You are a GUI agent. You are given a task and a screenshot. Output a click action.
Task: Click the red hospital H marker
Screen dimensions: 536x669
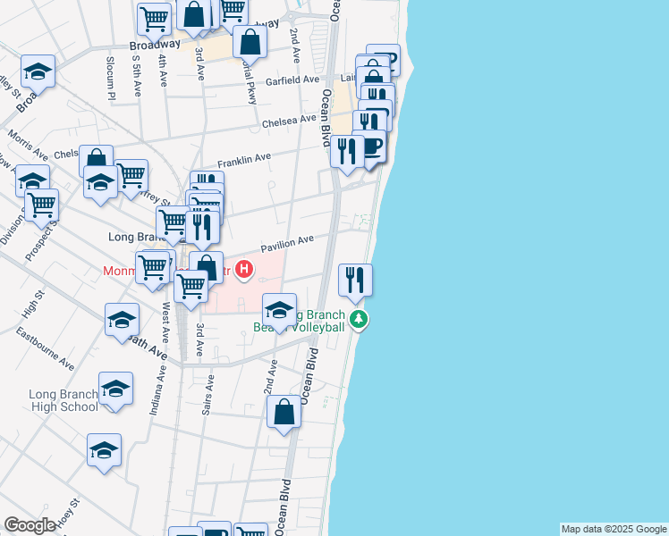[241, 266]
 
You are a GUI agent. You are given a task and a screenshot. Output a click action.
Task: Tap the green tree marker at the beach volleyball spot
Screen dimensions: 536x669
[358, 319]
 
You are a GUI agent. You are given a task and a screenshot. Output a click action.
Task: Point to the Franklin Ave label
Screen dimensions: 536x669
[243, 159]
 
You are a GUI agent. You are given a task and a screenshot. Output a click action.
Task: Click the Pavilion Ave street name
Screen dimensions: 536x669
[287, 242]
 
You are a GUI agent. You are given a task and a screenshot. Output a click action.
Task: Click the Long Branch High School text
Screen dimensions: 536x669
[63, 400]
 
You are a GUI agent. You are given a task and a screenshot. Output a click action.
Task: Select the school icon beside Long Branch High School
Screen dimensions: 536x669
[116, 389]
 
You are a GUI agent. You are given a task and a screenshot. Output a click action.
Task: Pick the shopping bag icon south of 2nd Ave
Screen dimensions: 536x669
[284, 413]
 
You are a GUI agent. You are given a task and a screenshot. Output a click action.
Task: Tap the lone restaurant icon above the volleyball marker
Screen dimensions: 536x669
[355, 280]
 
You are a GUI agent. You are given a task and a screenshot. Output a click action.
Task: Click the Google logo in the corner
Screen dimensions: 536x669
[30, 526]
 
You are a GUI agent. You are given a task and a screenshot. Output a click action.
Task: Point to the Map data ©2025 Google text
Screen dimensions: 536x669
[613, 529]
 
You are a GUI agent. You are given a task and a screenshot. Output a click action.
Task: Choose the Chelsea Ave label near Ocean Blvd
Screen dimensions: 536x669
[289, 120]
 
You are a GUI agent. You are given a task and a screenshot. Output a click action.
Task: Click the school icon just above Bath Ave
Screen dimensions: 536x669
[122, 321]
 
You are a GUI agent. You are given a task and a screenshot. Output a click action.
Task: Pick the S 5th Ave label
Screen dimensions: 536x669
[137, 73]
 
